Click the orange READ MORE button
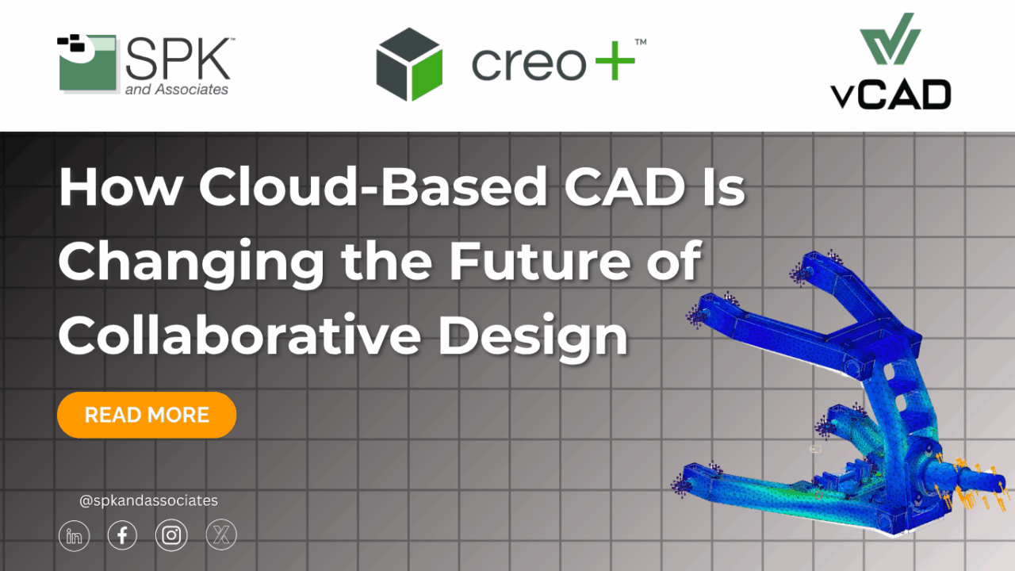point(147,415)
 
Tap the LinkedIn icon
point(75,537)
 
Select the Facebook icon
point(122,537)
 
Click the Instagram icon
point(171,537)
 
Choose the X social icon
point(220,537)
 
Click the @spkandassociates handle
point(148,500)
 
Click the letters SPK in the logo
point(178,57)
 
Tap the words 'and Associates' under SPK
point(176,90)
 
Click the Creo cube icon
point(408,63)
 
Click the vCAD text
point(891,94)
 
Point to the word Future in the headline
point(538,261)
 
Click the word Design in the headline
point(533,335)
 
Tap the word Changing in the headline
point(190,263)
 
